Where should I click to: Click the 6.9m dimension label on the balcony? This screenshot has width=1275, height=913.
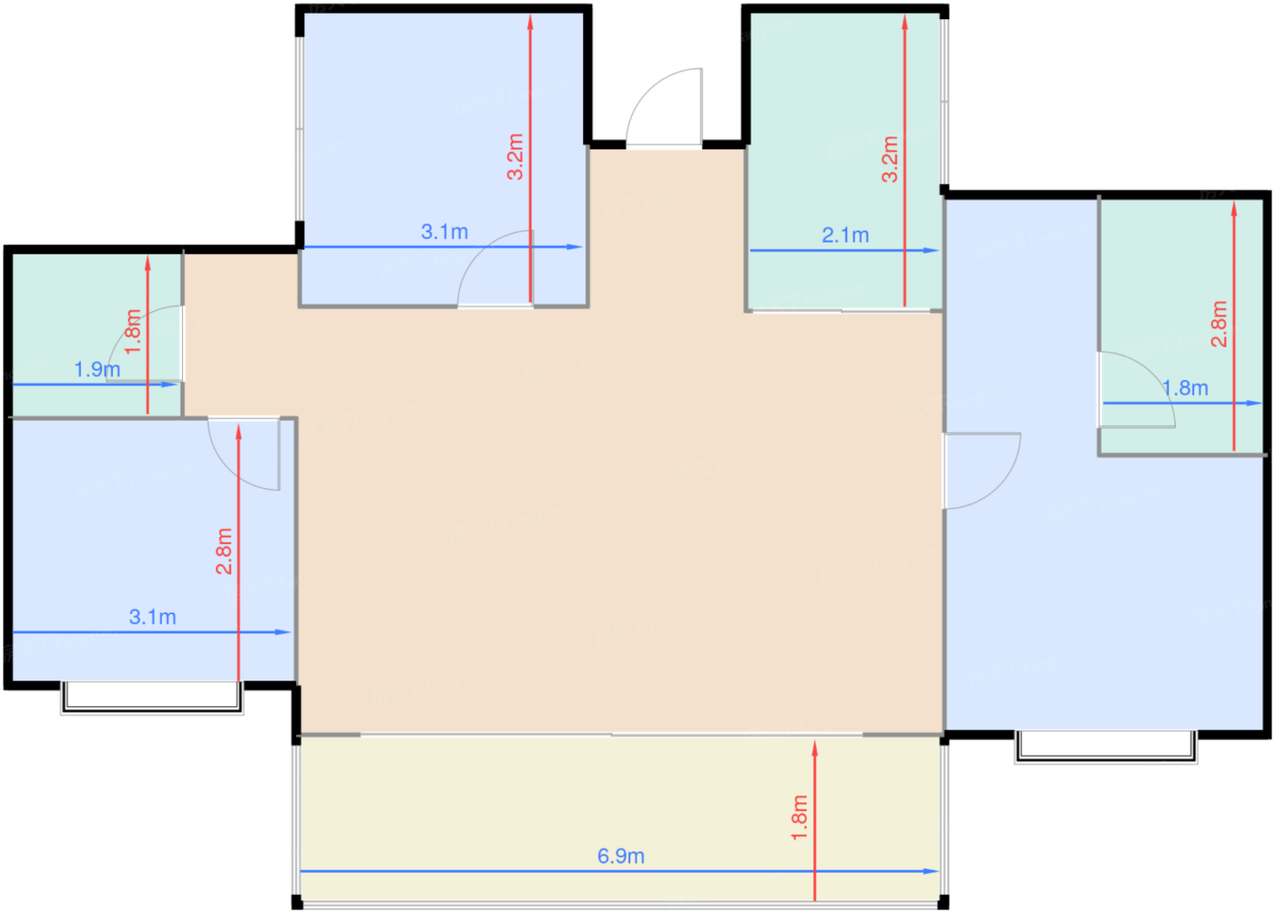click(x=620, y=857)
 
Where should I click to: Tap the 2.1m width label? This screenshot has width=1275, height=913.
click(x=845, y=235)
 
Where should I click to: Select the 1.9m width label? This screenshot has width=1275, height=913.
click(x=97, y=370)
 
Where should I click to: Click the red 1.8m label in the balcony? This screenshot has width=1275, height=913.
click(x=800, y=816)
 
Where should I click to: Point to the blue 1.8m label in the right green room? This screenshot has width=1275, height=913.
click(x=1186, y=388)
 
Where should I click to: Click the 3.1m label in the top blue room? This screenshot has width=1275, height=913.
click(x=444, y=232)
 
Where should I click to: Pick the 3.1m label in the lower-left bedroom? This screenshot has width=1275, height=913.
click(x=152, y=617)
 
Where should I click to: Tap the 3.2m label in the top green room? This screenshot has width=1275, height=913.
click(x=890, y=159)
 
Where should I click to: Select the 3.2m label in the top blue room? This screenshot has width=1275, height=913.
click(x=515, y=157)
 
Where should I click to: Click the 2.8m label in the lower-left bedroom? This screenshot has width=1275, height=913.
click(x=224, y=551)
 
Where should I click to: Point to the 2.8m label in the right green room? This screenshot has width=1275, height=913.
click(x=1219, y=323)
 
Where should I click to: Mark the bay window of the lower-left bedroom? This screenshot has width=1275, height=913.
click(x=152, y=696)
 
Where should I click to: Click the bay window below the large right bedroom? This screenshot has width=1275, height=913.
click(x=1106, y=744)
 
